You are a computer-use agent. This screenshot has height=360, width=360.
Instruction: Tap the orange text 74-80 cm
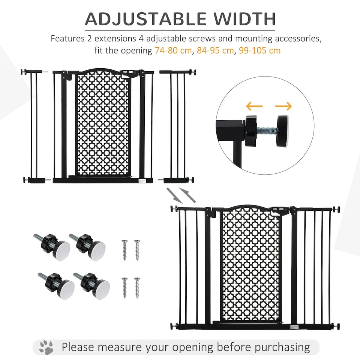[x=173, y=50]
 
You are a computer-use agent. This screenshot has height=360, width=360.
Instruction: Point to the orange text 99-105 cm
[x=259, y=50]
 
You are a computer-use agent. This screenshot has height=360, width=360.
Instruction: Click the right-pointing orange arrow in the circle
[x=283, y=106]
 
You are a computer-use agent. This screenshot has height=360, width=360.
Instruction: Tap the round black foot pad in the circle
[x=282, y=131]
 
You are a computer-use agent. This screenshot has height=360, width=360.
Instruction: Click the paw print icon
[x=46, y=347]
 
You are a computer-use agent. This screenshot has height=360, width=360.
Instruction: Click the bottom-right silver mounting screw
[x=137, y=287]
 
